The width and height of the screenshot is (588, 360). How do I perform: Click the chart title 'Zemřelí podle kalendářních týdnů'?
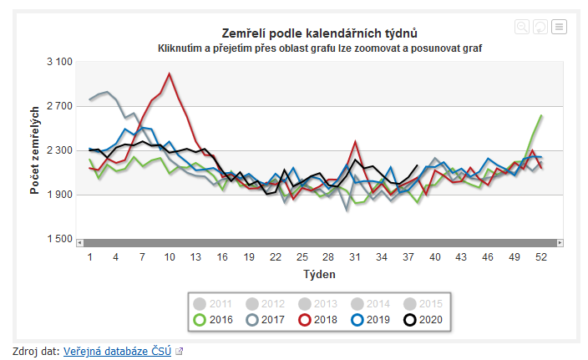click(320, 33)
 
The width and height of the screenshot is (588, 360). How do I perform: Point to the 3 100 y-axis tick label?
click(60, 62)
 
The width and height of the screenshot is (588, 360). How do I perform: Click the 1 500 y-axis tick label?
click(60, 240)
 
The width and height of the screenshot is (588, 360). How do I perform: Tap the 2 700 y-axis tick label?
click(60, 106)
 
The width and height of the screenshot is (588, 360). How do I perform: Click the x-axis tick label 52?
click(541, 256)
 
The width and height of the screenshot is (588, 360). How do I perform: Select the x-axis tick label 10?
click(170, 256)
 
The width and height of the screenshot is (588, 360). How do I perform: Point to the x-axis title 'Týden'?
click(319, 274)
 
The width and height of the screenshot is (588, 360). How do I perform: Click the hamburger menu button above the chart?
click(559, 27)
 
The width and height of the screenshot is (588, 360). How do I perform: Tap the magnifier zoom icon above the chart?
click(522, 27)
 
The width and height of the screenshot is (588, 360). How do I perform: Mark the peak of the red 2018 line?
click(170, 74)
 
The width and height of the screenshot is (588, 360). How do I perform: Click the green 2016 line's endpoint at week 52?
click(541, 115)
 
